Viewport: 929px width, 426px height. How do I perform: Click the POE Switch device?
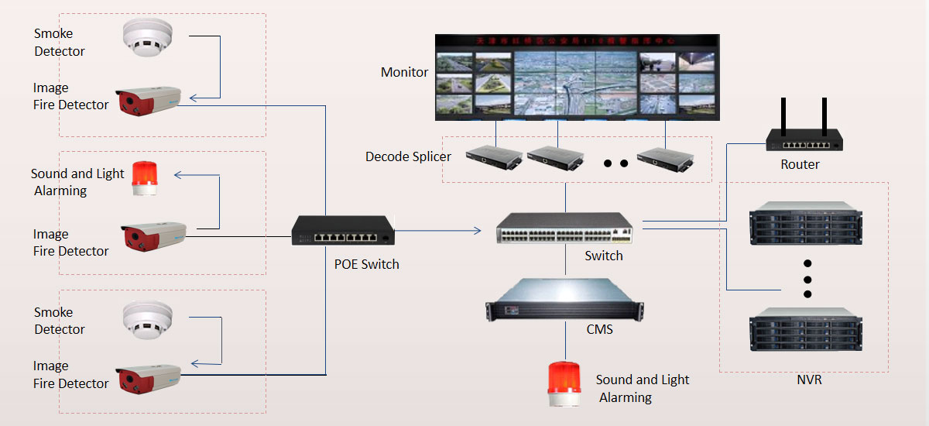pyautogui.click(x=343, y=231)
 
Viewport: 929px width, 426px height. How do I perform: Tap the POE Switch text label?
pyautogui.click(x=366, y=264)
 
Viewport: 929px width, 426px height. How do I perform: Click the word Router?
pyautogui.click(x=800, y=164)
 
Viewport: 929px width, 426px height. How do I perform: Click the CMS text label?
pyautogui.click(x=599, y=329)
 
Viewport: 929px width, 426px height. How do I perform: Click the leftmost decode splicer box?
pyautogui.click(x=492, y=157)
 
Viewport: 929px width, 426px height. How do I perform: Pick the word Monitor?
pyautogui.click(x=404, y=72)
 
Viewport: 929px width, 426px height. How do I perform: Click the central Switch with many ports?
pyautogui.click(x=564, y=226)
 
